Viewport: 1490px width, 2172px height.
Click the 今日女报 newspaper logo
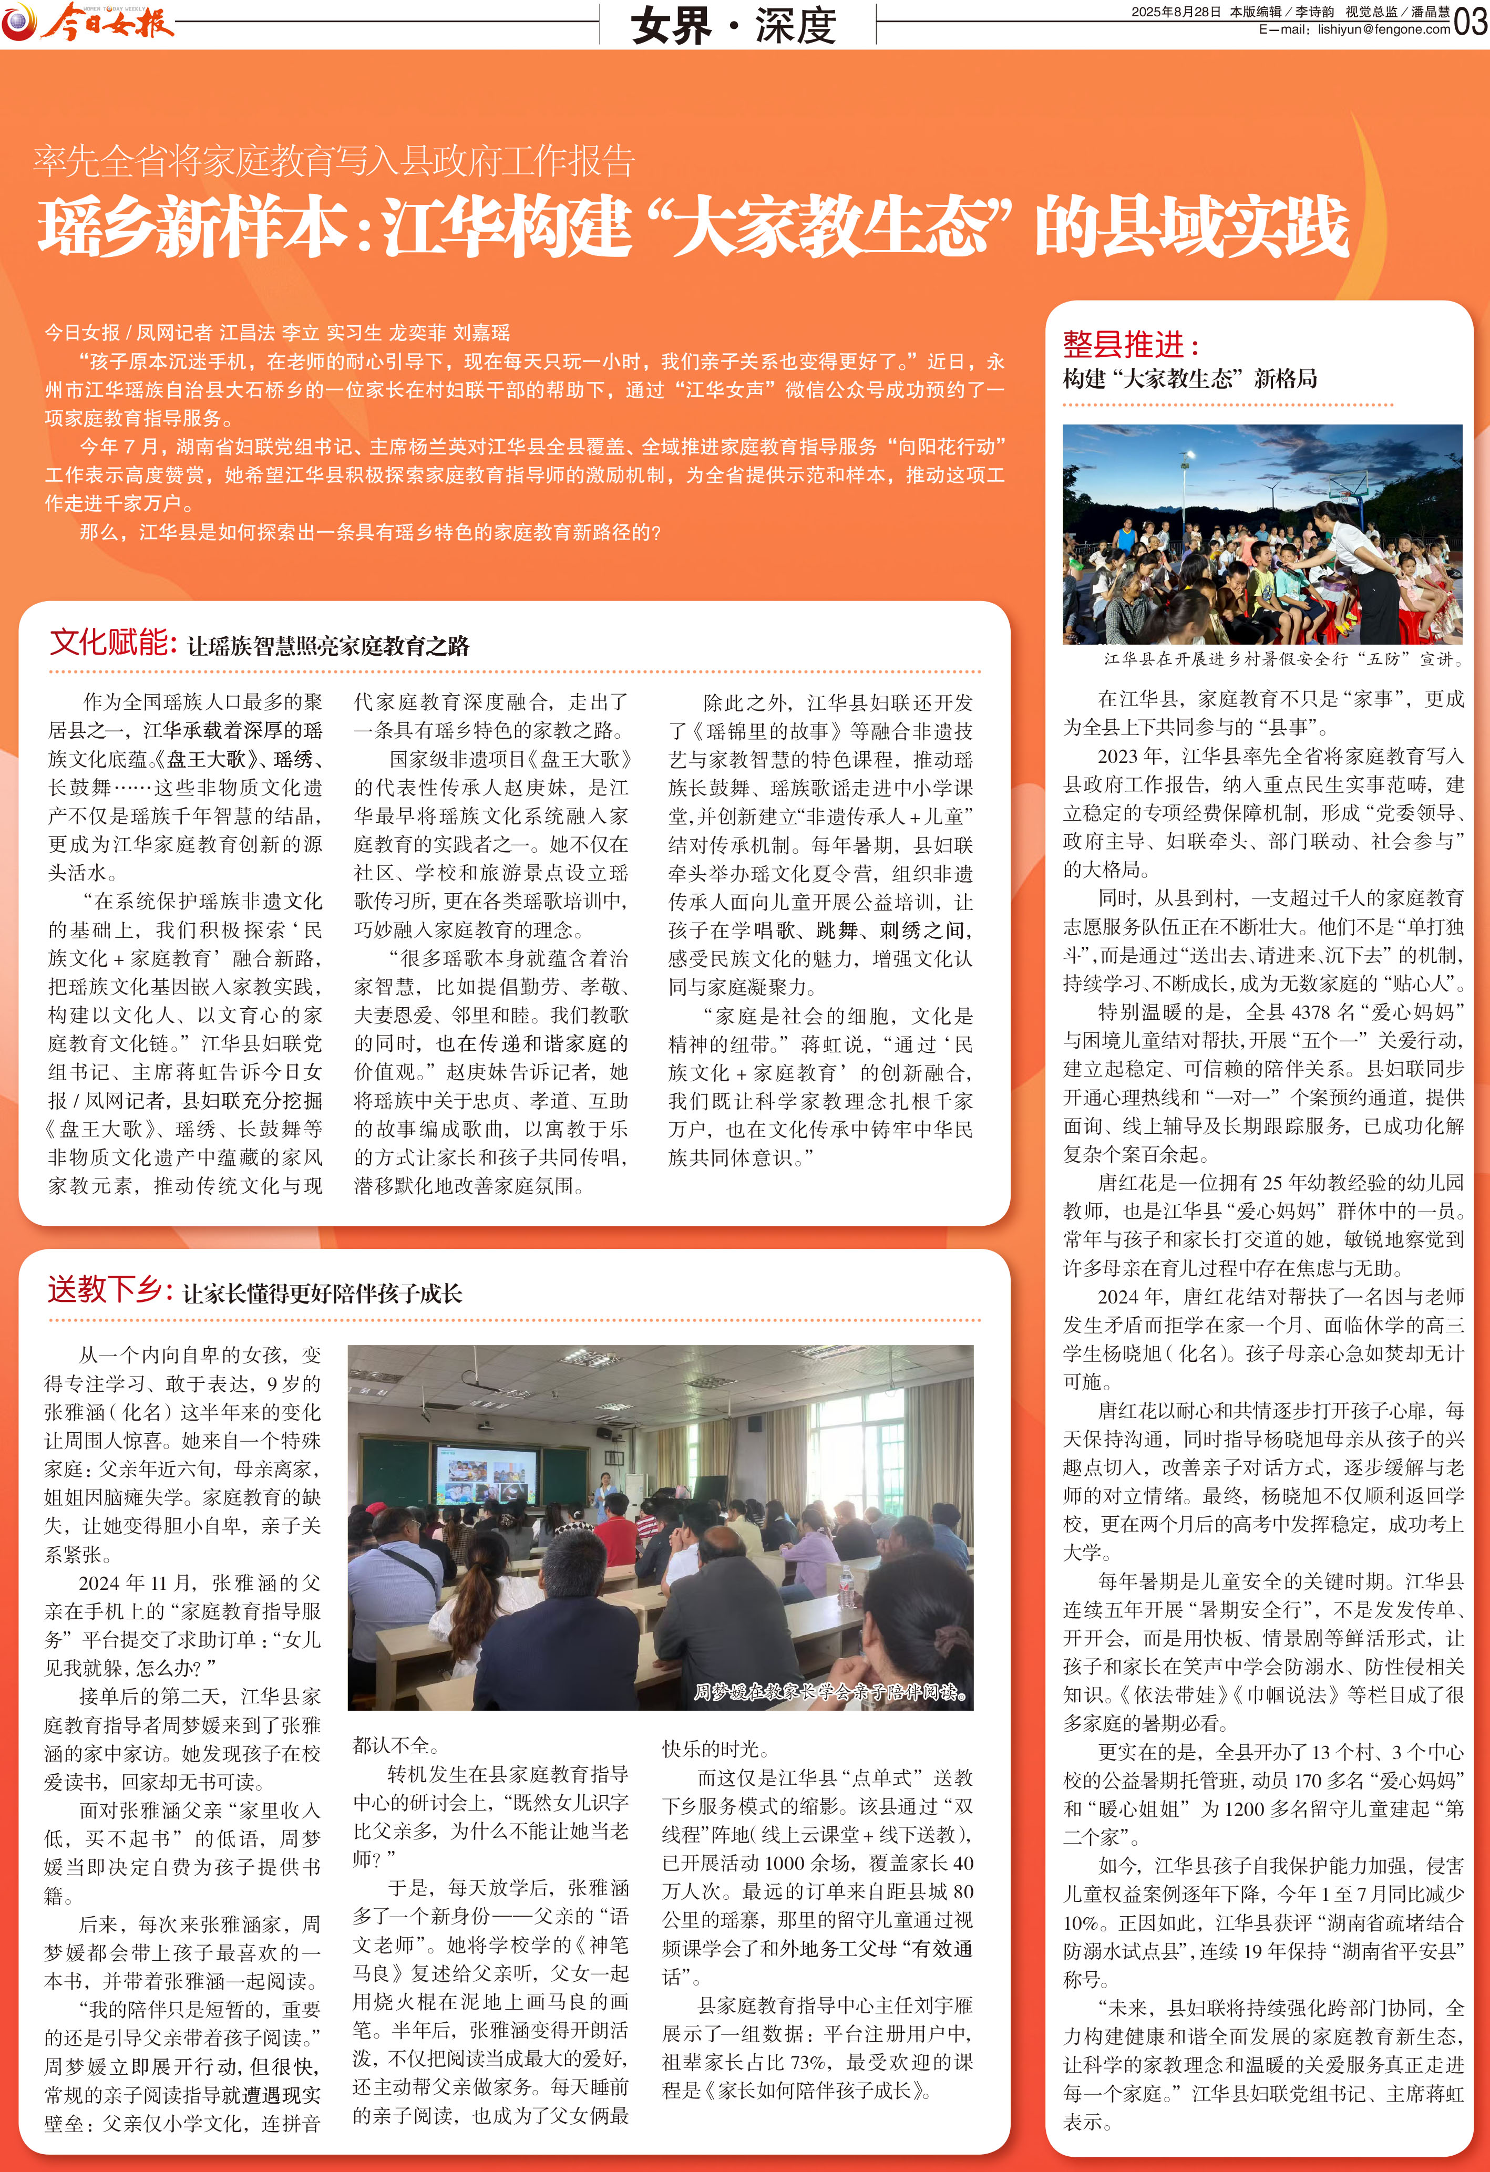[x=89, y=23]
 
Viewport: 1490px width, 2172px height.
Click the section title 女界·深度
[x=734, y=25]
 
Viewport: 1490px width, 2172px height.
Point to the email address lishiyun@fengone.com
[x=1383, y=30]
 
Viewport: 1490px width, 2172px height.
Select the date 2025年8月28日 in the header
[x=1176, y=12]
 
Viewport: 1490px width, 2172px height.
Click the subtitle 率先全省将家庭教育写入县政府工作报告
[x=334, y=162]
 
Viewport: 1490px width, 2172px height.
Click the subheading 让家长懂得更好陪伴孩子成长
[x=323, y=1294]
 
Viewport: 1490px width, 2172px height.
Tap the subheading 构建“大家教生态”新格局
[x=1190, y=378]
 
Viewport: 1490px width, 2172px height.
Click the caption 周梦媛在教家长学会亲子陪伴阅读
[x=830, y=1692]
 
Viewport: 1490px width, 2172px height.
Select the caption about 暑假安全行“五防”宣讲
[x=1282, y=659]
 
